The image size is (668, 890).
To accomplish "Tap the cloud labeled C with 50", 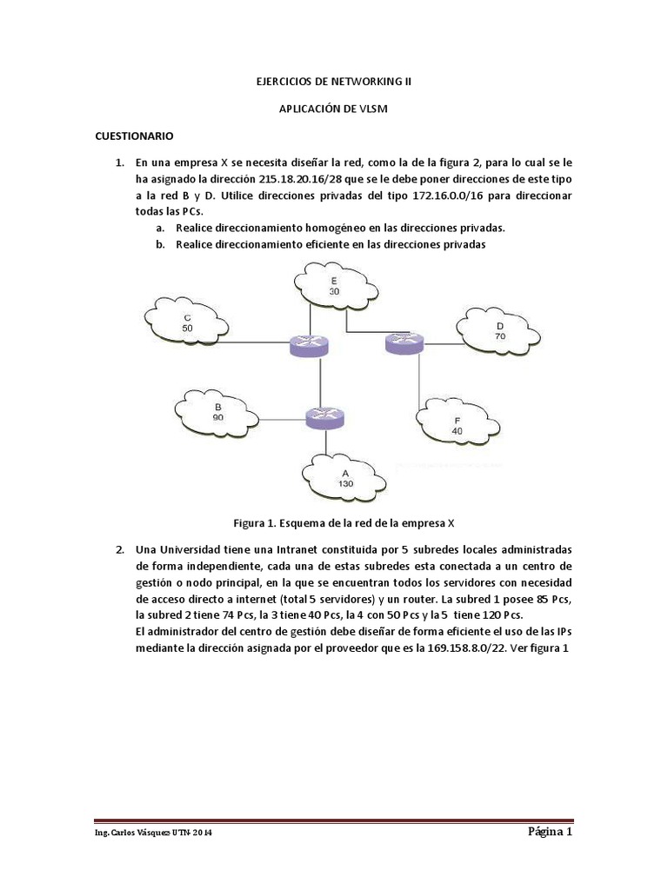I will (187, 323).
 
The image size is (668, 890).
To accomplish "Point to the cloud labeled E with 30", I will (333, 287).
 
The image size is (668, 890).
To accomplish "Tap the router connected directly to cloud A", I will (326, 417).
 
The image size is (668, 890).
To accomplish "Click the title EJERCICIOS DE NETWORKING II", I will (333, 82).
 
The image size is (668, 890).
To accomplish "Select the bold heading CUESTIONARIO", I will (134, 136).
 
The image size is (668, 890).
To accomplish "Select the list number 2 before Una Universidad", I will (118, 550).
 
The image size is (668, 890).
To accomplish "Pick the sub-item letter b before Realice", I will (160, 244).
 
